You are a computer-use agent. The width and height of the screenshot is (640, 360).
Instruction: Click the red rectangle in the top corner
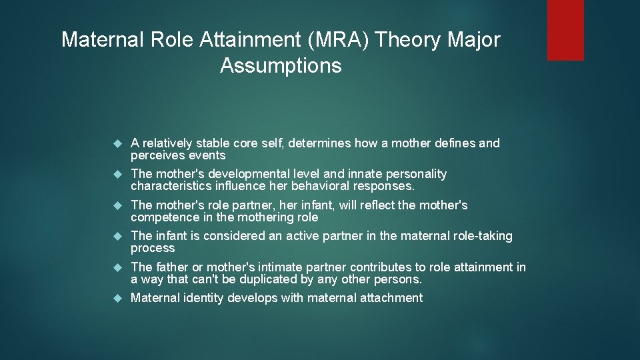point(565,30)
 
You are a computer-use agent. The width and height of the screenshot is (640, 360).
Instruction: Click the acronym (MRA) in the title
point(333,40)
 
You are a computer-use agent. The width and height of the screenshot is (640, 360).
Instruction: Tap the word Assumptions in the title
point(281,66)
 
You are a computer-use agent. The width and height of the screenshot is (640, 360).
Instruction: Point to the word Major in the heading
point(475,40)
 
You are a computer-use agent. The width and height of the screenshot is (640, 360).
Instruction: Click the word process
point(153,248)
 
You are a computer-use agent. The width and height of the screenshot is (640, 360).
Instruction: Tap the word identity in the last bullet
point(203,298)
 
